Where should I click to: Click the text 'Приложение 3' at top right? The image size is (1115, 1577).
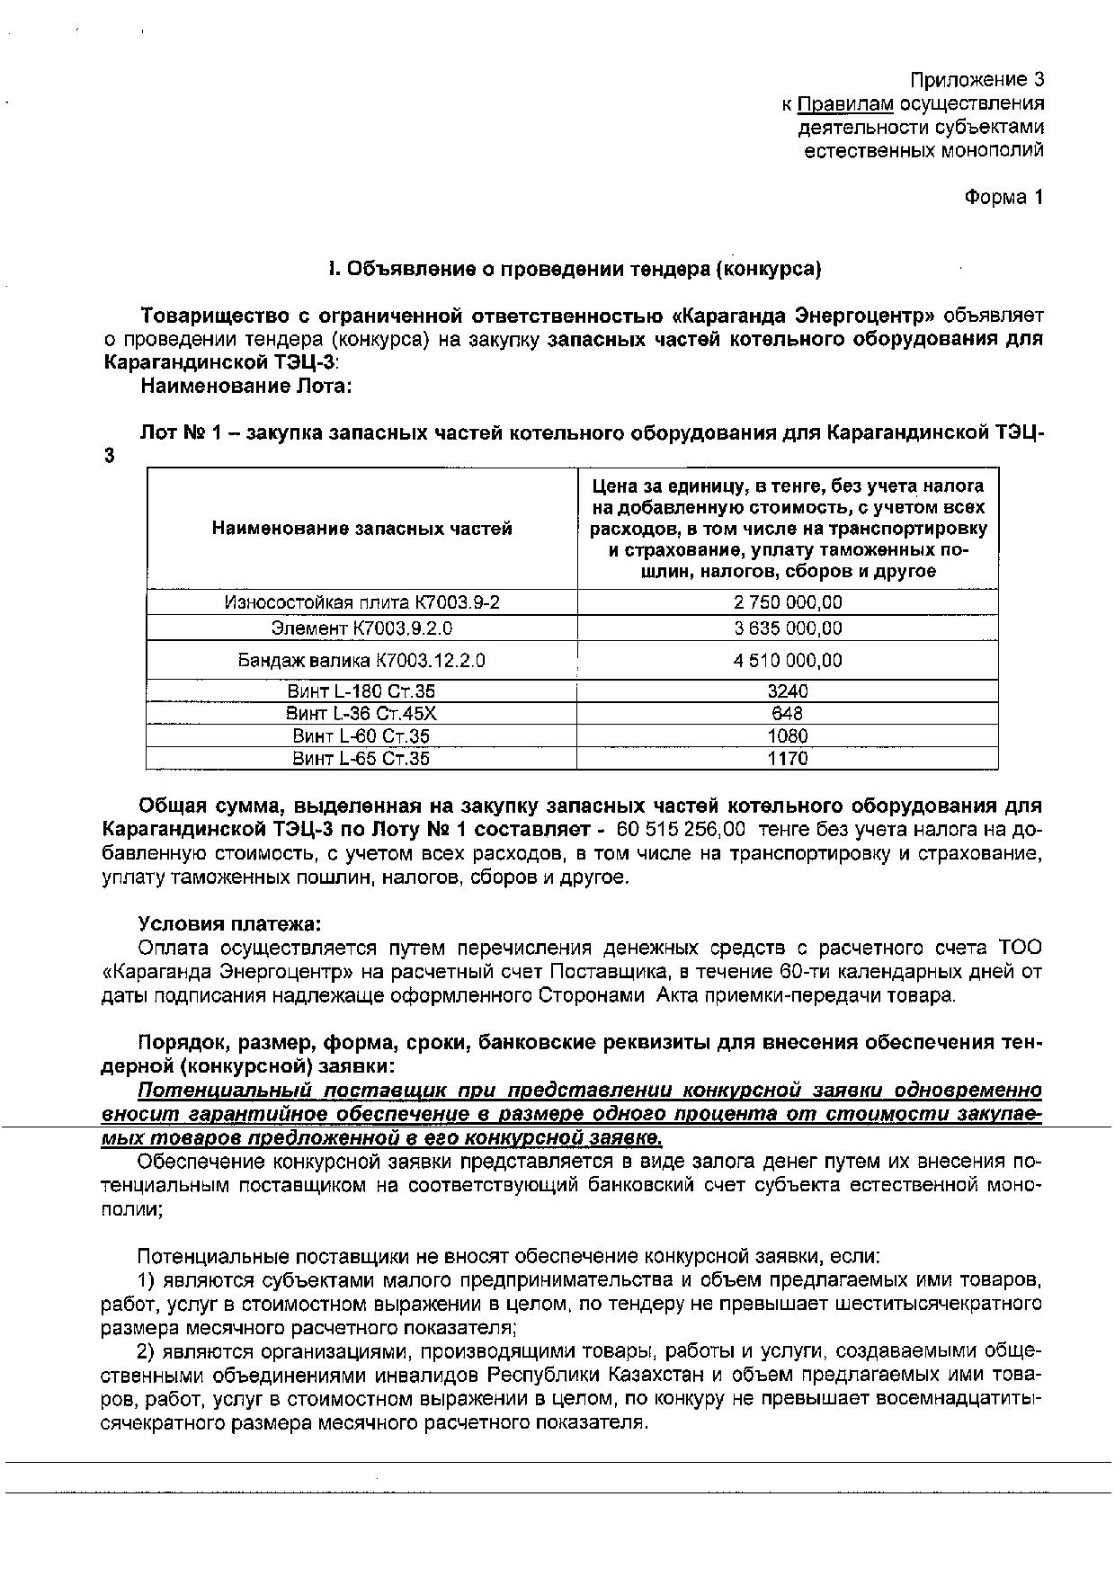tap(977, 79)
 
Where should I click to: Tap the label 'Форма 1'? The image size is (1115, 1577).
tap(1003, 197)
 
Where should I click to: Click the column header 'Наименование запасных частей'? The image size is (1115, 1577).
tap(361, 529)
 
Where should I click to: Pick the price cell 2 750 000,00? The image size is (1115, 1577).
tap(788, 602)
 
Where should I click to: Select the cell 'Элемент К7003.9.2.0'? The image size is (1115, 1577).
tap(361, 628)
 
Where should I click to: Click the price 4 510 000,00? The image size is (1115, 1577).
tap(788, 661)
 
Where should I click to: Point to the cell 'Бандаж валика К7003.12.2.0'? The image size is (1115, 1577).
tap(361, 661)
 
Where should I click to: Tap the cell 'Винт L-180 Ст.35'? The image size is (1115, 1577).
tap(361, 691)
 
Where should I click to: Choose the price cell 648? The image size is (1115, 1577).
tap(788, 714)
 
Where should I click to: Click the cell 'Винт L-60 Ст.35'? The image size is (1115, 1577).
tap(361, 736)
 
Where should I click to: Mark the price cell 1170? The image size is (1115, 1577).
tap(788, 759)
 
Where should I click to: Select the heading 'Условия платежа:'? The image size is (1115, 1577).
tap(229, 924)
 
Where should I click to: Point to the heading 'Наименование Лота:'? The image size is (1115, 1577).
tap(244, 387)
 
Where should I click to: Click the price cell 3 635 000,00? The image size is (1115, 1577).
tap(788, 628)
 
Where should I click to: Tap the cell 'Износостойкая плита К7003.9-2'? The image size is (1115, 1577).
tap(361, 602)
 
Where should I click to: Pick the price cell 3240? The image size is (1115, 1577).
tap(788, 691)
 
